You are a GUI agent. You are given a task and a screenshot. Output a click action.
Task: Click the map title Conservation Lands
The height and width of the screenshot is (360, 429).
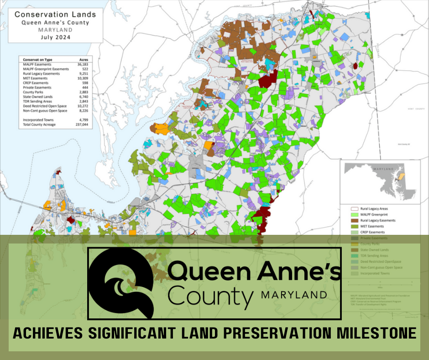[x=55, y=14]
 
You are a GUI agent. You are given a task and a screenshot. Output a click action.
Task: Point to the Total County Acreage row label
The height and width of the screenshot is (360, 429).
[x=38, y=124]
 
